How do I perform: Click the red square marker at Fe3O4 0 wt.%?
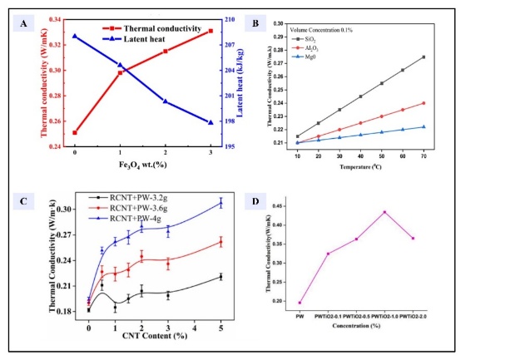(x=75, y=132)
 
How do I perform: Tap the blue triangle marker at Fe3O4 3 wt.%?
(x=210, y=122)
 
